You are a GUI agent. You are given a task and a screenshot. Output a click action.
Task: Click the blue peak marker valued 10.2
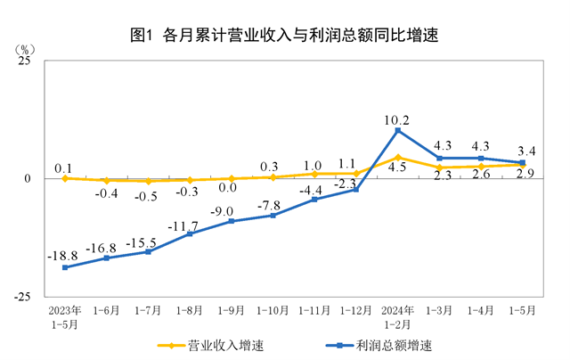click(x=397, y=131)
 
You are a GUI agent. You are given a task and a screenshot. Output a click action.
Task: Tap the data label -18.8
click(x=63, y=254)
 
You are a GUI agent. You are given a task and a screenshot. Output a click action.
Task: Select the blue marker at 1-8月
click(x=189, y=233)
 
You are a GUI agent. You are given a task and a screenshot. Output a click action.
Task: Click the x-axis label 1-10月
click(x=273, y=311)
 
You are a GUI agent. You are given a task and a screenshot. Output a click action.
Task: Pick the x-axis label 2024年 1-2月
click(x=397, y=317)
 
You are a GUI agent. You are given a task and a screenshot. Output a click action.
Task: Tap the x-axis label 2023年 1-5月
click(x=64, y=317)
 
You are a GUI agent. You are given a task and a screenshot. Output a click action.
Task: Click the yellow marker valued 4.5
click(x=397, y=158)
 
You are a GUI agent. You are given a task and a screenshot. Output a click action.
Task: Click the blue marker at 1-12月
click(x=355, y=190)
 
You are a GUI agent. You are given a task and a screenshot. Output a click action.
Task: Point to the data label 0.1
click(x=63, y=167)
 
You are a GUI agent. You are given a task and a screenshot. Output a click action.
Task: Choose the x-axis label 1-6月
click(x=106, y=311)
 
